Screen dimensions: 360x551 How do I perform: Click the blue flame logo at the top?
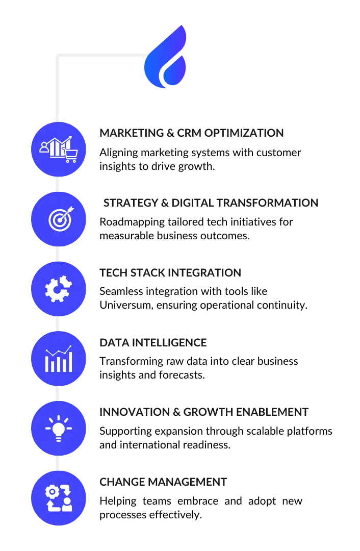click(x=165, y=57)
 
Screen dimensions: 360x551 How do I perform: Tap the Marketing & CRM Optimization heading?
click(x=191, y=133)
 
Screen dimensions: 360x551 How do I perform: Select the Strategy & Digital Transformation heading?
click(x=211, y=203)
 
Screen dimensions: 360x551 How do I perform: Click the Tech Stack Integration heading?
click(x=170, y=272)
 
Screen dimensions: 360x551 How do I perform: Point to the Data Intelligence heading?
click(x=153, y=343)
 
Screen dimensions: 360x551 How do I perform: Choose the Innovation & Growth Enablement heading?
click(x=204, y=412)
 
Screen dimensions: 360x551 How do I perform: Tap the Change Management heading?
click(x=163, y=482)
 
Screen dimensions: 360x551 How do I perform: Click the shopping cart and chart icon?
click(x=59, y=149)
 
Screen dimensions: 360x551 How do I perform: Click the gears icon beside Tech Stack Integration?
click(x=59, y=289)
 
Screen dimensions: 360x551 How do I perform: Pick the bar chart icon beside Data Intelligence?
click(x=59, y=359)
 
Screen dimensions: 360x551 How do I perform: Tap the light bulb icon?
click(x=59, y=429)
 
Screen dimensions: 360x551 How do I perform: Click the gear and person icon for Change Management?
click(x=59, y=498)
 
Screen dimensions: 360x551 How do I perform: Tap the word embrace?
click(x=198, y=501)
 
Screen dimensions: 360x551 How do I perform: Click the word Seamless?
click(x=121, y=291)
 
